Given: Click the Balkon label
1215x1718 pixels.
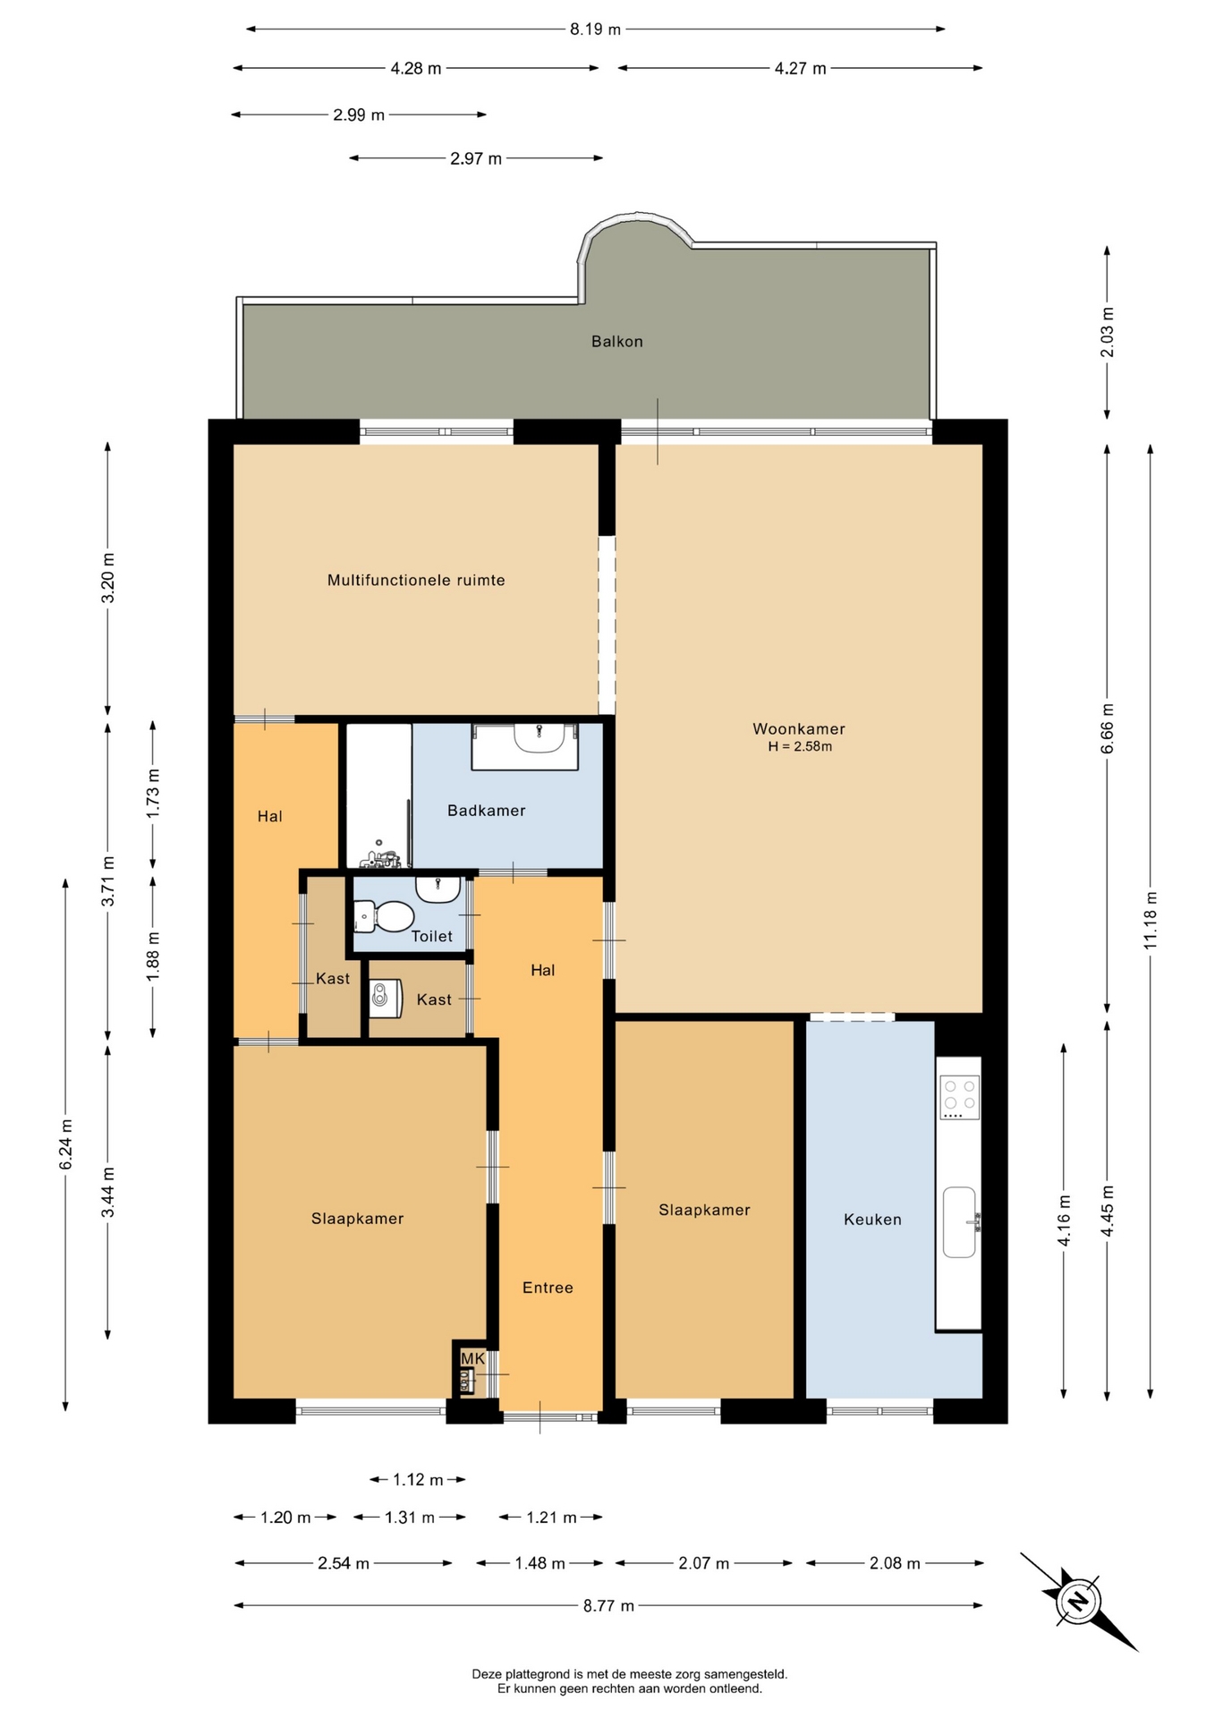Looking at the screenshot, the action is click(616, 341).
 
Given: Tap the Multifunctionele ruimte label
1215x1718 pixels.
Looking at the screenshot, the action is click(416, 580).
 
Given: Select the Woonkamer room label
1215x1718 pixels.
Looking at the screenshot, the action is click(799, 729).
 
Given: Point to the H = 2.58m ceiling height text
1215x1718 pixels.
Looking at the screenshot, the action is click(800, 746).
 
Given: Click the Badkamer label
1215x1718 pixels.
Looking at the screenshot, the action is click(486, 811).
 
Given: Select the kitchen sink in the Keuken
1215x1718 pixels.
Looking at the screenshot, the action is click(960, 1222).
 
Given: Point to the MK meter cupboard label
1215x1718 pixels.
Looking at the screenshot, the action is click(472, 1358).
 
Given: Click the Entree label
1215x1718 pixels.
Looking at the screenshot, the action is click(548, 1288).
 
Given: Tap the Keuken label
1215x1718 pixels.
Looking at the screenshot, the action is click(872, 1220).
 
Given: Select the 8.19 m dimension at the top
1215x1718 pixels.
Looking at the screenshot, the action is click(596, 30).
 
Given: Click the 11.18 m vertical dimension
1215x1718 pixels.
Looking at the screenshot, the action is click(1151, 921).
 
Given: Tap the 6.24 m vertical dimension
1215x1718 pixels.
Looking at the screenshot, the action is click(65, 1144).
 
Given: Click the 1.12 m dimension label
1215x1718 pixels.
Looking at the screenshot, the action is click(418, 1480).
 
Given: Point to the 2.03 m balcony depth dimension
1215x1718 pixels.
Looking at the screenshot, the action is click(1108, 332).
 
